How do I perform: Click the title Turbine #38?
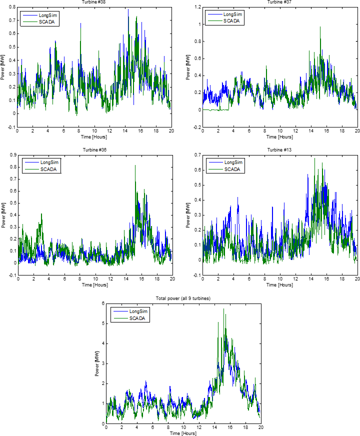point(94,2)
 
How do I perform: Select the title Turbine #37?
point(280,2)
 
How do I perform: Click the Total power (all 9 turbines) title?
point(183,298)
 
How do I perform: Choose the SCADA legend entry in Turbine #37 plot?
point(231,21)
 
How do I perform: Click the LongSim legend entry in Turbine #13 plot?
point(233,162)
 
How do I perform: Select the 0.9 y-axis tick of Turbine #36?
point(12,155)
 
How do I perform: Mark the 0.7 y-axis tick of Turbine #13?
point(197,155)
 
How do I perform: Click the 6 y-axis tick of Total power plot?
point(102,303)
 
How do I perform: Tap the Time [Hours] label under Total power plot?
point(183,433)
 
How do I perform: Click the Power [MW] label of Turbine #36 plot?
point(3,215)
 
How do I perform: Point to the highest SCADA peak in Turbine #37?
point(320,27)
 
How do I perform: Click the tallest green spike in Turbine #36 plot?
point(135,165)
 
